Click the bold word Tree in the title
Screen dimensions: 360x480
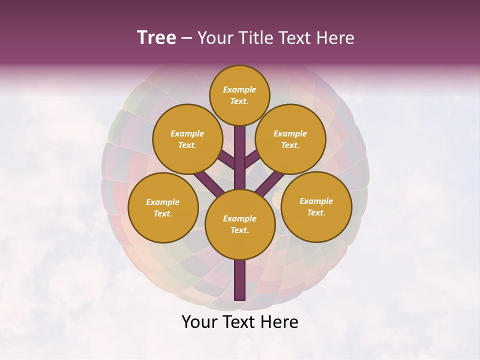156,38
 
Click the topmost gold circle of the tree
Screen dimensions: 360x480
239,95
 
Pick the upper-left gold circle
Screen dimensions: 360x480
187,139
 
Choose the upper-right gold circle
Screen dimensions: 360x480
290,139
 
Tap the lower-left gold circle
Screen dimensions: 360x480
163,207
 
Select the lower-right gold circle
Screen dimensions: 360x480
316,206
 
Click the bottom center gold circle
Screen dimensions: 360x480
239,224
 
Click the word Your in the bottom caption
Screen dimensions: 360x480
199,322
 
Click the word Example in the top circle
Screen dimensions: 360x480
239,89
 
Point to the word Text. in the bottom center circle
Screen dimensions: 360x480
239,230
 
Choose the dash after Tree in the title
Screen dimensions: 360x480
187,38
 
